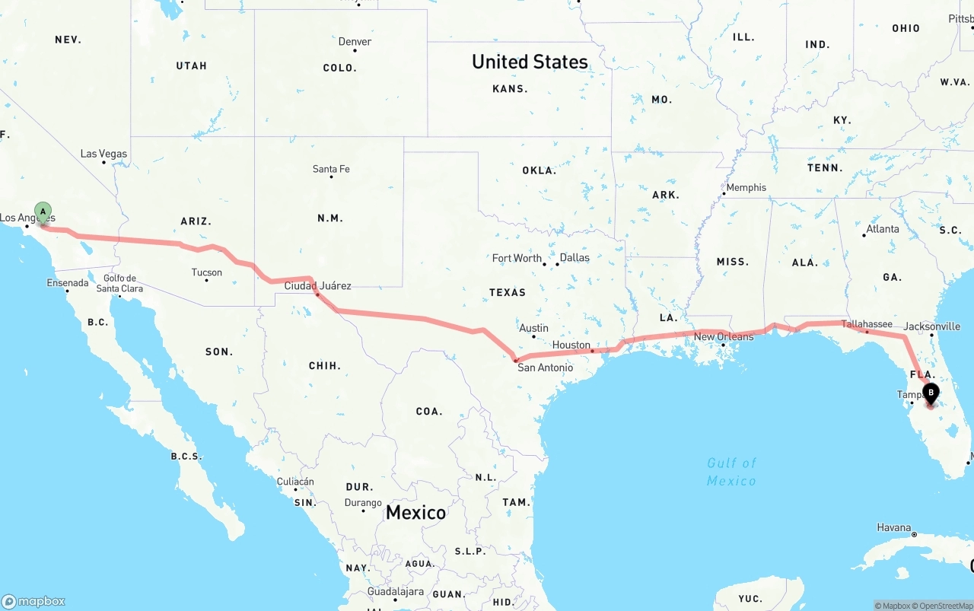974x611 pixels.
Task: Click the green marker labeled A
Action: (x=43, y=212)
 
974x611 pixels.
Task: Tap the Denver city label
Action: (x=355, y=42)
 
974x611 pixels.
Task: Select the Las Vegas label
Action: (x=104, y=154)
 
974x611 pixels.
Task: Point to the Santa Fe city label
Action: (x=331, y=169)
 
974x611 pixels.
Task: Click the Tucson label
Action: (x=206, y=272)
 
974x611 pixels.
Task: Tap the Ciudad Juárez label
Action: (x=317, y=286)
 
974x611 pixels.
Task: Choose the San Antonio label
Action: (x=545, y=368)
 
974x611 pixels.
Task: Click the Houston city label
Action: (x=571, y=345)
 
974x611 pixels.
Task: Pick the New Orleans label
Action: (x=724, y=336)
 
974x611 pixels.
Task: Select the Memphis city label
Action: (x=746, y=187)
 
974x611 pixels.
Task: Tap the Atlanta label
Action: (x=882, y=229)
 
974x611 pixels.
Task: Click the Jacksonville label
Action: (x=932, y=326)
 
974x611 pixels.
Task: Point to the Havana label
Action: (x=893, y=527)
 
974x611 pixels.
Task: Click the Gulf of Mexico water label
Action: (x=731, y=472)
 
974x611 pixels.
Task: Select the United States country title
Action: (x=530, y=62)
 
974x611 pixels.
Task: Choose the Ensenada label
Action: (x=68, y=283)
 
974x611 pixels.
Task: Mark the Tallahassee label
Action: (x=867, y=324)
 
